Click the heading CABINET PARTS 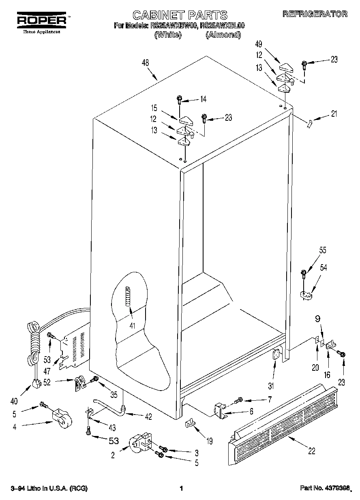(180, 15)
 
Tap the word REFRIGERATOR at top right (315, 14)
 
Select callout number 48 (145, 63)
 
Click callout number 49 (259, 44)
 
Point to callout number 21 (334, 114)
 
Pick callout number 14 (203, 99)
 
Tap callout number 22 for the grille (311, 451)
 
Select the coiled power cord (33, 340)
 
